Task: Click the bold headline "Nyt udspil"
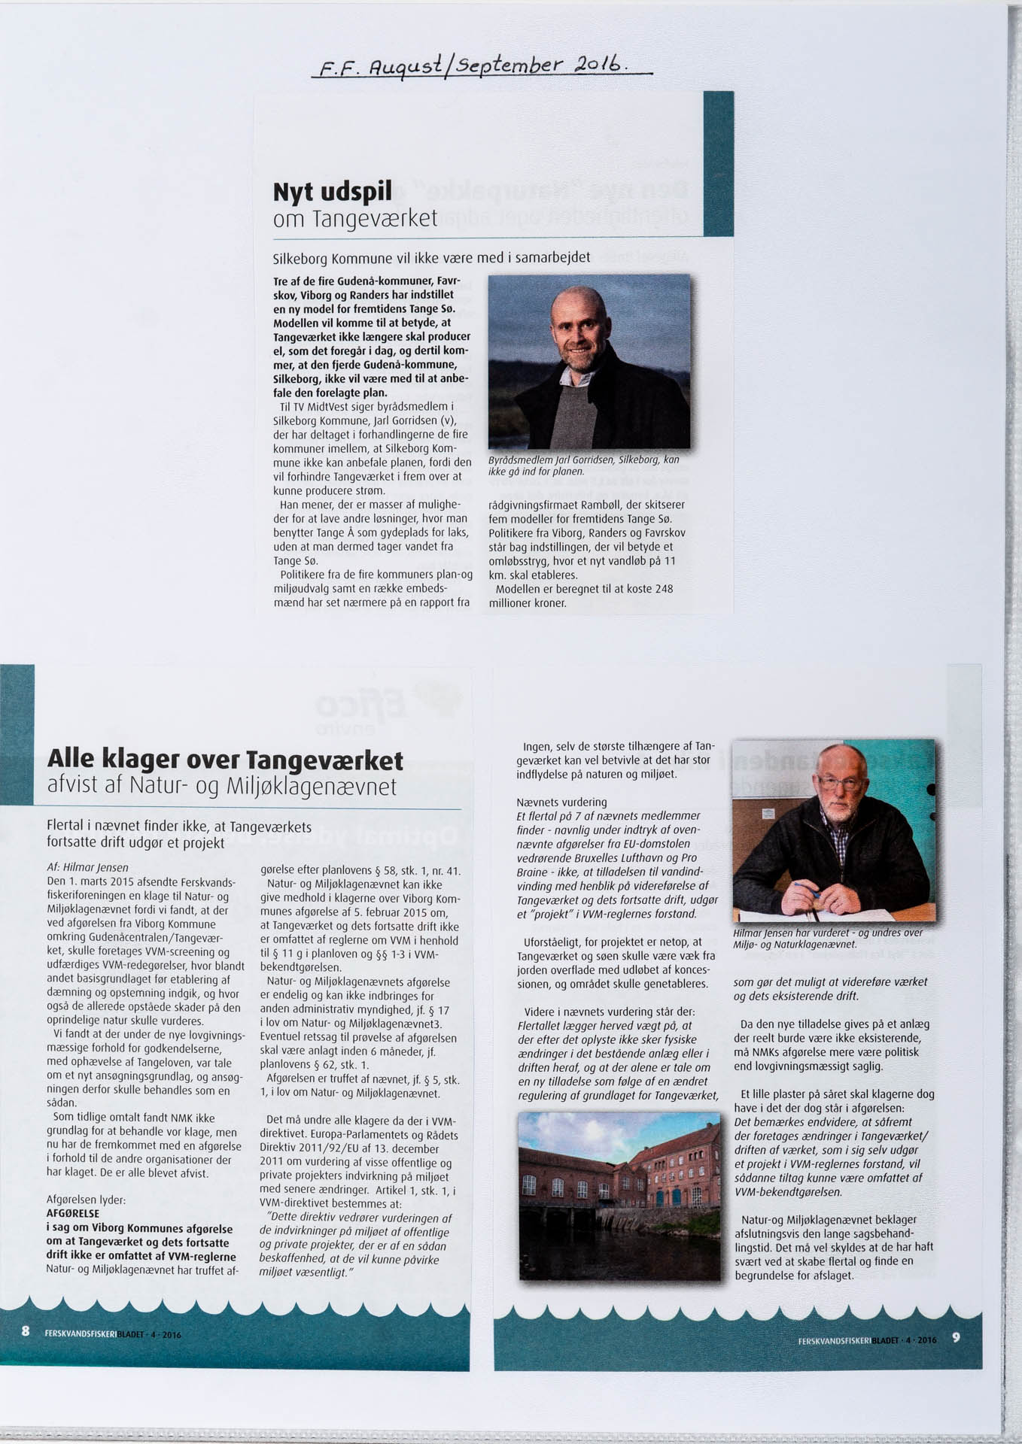pos(332,193)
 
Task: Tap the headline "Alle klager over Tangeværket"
pos(225,760)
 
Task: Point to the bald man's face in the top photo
pos(577,329)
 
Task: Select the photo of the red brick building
pos(619,1196)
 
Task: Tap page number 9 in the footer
pos(956,1337)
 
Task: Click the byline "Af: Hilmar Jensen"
pos(87,867)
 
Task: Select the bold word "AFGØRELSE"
pos(73,1213)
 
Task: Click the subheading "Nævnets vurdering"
pos(561,802)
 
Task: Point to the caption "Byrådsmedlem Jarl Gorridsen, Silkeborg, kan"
pos(583,460)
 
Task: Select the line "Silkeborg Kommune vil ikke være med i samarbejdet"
pos(431,258)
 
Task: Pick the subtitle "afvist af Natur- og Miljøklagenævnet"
pos(221,787)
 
